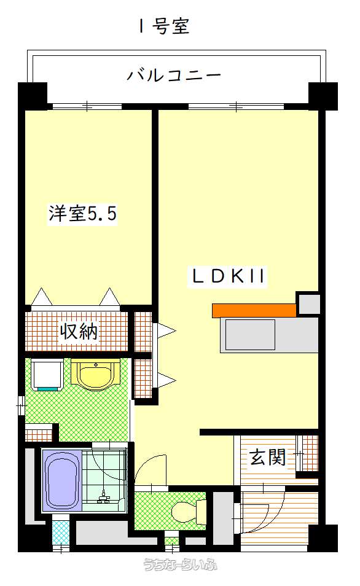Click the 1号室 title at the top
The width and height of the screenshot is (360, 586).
pyautogui.click(x=164, y=27)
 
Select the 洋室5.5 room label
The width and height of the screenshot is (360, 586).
pyautogui.click(x=82, y=213)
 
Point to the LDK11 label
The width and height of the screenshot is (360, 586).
pyautogui.click(x=229, y=276)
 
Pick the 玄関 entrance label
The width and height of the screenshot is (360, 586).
pyautogui.click(x=268, y=457)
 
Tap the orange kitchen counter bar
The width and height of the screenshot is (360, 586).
pyautogui.click(x=254, y=311)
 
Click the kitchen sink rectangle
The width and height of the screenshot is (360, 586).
pyautogui.click(x=250, y=335)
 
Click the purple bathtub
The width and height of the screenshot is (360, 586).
pyautogui.click(x=62, y=480)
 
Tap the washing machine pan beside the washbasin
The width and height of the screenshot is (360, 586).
pyautogui.click(x=47, y=375)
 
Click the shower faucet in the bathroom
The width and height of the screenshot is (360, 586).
pyautogui.click(x=104, y=497)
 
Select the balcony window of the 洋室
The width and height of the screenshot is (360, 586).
pyautogui.click(x=87, y=106)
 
